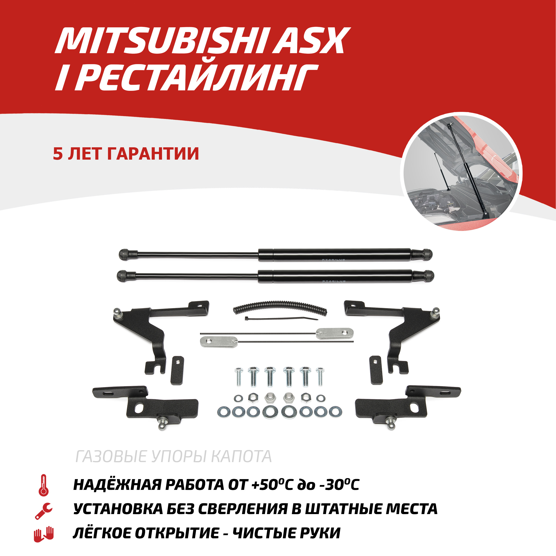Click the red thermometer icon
(x=43, y=485)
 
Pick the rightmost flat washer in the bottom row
(x=335, y=412)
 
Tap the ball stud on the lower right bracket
(x=391, y=424)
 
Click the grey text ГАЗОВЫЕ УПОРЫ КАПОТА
(x=174, y=456)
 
